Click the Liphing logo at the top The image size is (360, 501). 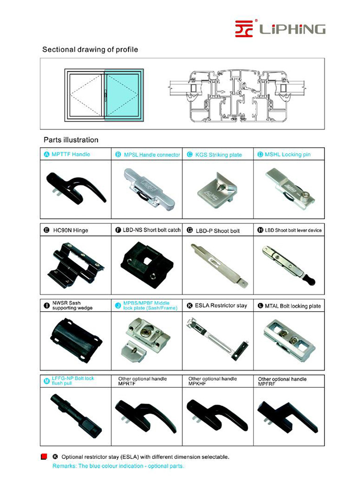tap(280, 28)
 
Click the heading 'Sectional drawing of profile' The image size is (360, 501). tap(90, 50)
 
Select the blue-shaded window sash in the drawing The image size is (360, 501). tap(124, 94)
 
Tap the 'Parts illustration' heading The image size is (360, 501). tap(70, 140)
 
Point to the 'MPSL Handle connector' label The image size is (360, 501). tap(151, 155)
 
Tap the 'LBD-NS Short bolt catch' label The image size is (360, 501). tap(151, 230)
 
